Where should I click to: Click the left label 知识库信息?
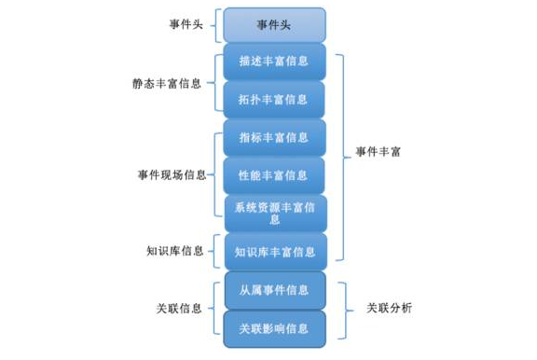pos(174,251)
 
